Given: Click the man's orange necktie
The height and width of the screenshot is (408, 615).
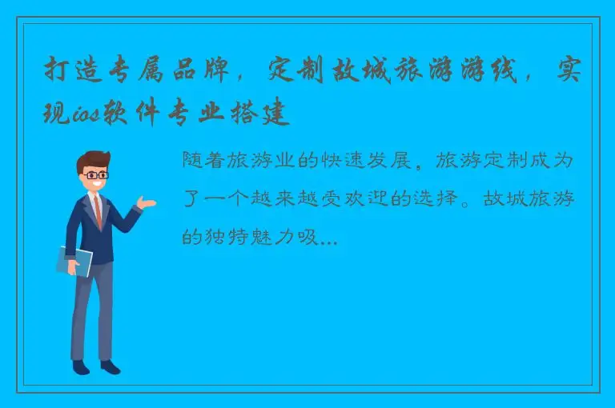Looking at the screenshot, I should tap(98, 211).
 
